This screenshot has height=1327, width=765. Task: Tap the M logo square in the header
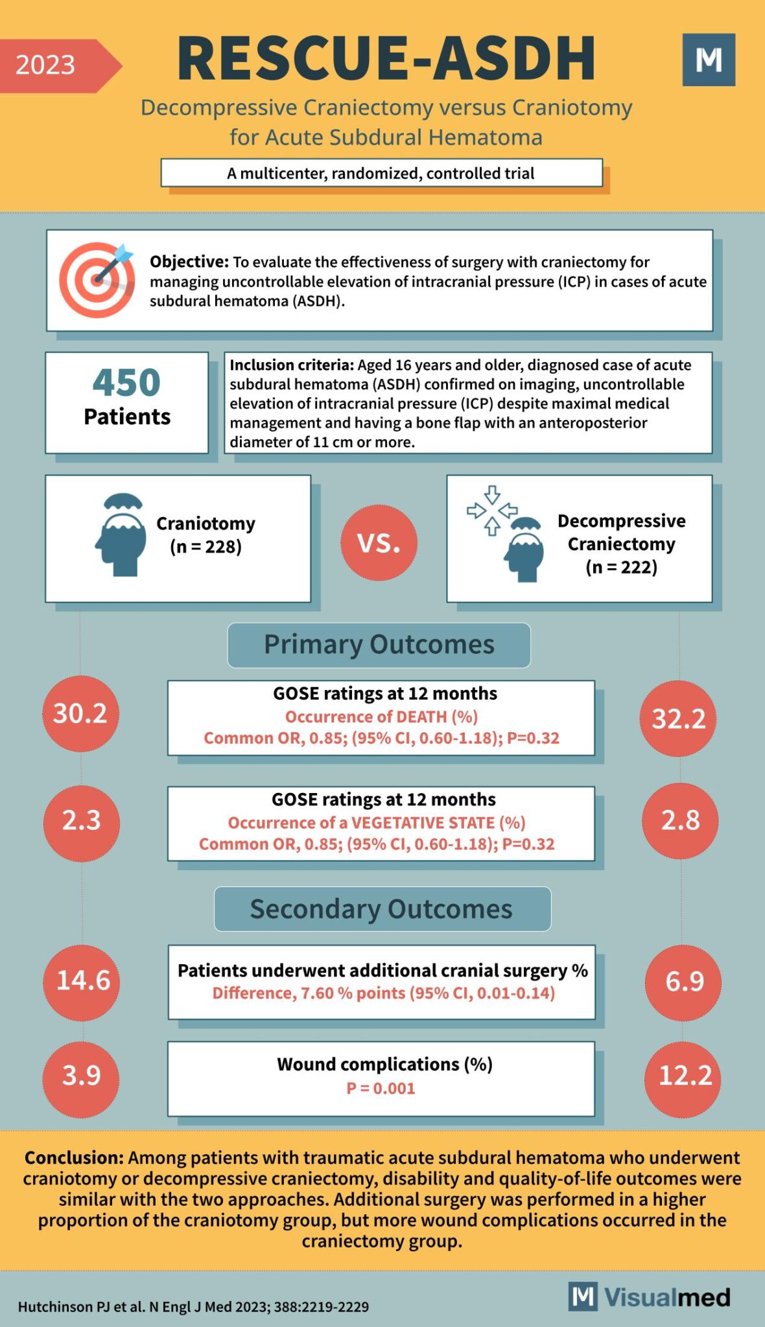[709, 60]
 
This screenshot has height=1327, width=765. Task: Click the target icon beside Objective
[97, 280]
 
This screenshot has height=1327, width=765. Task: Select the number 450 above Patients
[126, 382]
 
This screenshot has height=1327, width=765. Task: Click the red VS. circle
[379, 542]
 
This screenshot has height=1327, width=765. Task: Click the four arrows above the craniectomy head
[492, 511]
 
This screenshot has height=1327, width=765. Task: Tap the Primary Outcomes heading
[379, 645]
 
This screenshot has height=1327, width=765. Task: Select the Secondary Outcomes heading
[382, 909]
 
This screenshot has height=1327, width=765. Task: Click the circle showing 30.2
[80, 713]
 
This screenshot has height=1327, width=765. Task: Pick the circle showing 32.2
[678, 719]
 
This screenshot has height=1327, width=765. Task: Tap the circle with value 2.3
[82, 820]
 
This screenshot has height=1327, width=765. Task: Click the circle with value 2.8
[680, 820]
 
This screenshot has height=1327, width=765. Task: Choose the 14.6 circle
[82, 980]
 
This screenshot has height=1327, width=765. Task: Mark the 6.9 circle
[683, 982]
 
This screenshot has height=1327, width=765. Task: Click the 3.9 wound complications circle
[82, 1076]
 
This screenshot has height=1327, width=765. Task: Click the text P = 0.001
[381, 1089]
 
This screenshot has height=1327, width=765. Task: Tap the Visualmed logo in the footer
[650, 1297]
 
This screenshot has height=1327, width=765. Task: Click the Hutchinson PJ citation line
[193, 1307]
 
